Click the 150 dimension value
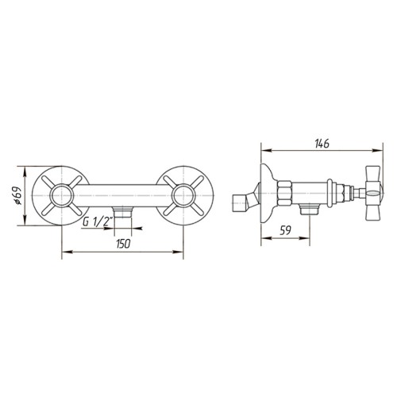click(123, 244)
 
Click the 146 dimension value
click(322, 144)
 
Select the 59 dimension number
click(285, 230)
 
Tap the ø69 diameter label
click(17, 196)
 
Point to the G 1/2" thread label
click(98, 222)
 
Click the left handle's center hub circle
click(62, 196)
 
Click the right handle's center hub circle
click(183, 196)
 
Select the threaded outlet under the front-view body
click(122, 213)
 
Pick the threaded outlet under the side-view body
click(310, 210)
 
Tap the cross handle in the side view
click(373, 194)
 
